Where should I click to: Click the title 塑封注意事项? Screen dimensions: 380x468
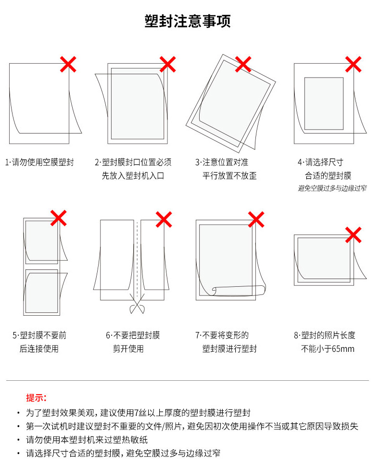tap(188, 21)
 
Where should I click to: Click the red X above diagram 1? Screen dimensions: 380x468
tap(68, 64)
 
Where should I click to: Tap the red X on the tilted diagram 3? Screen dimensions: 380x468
tap(243, 64)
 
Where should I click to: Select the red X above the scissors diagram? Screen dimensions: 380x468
tap(164, 220)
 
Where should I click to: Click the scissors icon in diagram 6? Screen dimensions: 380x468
tap(137, 304)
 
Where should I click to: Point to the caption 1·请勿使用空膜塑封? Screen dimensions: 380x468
tap(39, 162)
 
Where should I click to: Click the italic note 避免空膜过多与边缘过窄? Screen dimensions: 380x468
tap(332, 188)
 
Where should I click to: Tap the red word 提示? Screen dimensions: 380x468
tap(36, 398)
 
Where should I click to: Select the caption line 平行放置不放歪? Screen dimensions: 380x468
tap(229, 175)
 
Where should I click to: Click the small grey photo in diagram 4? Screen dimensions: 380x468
tap(324, 104)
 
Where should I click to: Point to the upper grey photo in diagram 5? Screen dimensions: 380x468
tap(42, 241)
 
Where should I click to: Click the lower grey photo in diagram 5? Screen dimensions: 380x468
tap(42, 291)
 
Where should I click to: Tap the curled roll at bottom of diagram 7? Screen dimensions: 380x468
tap(238, 291)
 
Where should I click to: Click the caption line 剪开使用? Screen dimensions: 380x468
tap(128, 348)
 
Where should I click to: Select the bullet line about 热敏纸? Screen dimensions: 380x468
tap(87, 440)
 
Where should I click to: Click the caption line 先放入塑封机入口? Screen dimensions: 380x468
tap(133, 175)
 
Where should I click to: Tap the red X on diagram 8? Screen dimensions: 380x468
tap(353, 235)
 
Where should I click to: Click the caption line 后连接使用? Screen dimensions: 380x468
tap(39, 348)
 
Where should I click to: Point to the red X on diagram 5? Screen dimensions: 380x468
tap(59, 218)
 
